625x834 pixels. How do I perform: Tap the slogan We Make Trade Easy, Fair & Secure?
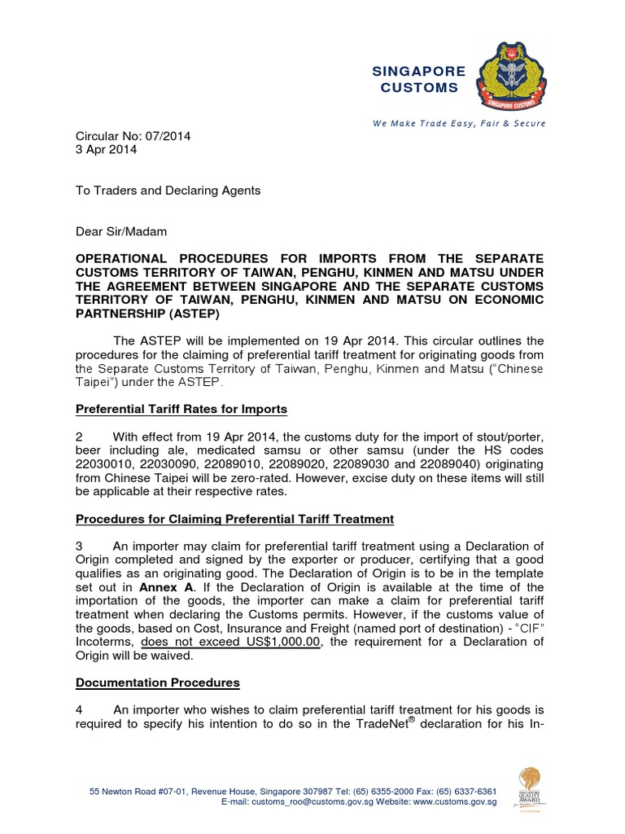tap(459, 123)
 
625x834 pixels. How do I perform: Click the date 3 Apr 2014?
tap(107, 150)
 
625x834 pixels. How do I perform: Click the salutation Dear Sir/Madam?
tap(121, 231)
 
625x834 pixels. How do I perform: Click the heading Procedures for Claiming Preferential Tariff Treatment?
tap(234, 519)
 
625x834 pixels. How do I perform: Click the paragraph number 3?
tap(79, 546)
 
